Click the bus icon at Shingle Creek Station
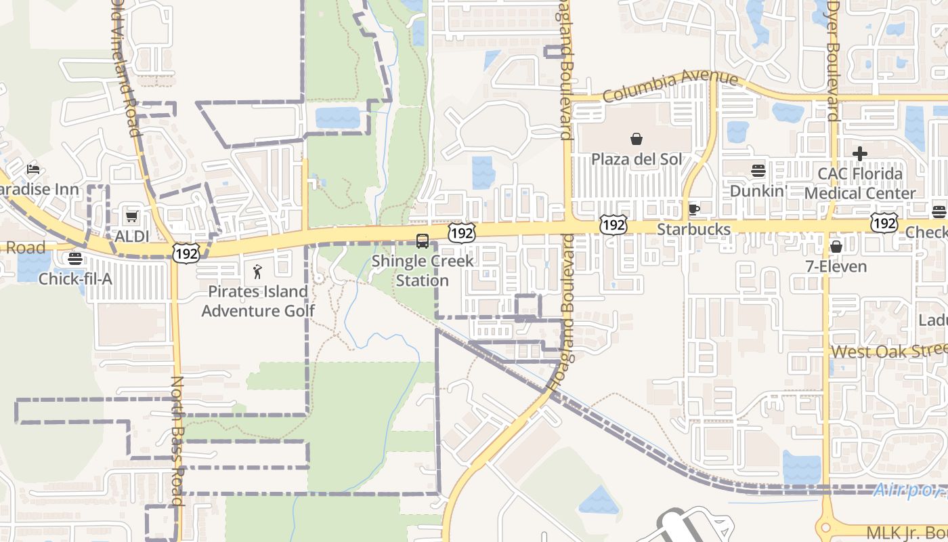[x=423, y=241]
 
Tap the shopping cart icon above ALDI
[x=131, y=216]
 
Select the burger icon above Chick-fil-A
[x=74, y=258]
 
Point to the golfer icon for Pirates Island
[x=257, y=272]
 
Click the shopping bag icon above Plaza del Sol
[x=637, y=139]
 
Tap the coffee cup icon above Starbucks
[x=693, y=209]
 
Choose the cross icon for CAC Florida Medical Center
[x=860, y=154]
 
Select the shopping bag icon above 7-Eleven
[x=836, y=246]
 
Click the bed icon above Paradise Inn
[x=33, y=169]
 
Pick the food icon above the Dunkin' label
[x=758, y=171]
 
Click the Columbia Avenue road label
[x=670, y=86]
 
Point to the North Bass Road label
[x=178, y=440]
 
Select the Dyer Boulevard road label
[x=832, y=61]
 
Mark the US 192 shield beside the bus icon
[x=461, y=234]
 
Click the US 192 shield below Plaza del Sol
[x=613, y=224]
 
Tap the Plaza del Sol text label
[x=637, y=159]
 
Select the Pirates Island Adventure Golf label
[x=258, y=301]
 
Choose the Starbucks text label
[x=693, y=229]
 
